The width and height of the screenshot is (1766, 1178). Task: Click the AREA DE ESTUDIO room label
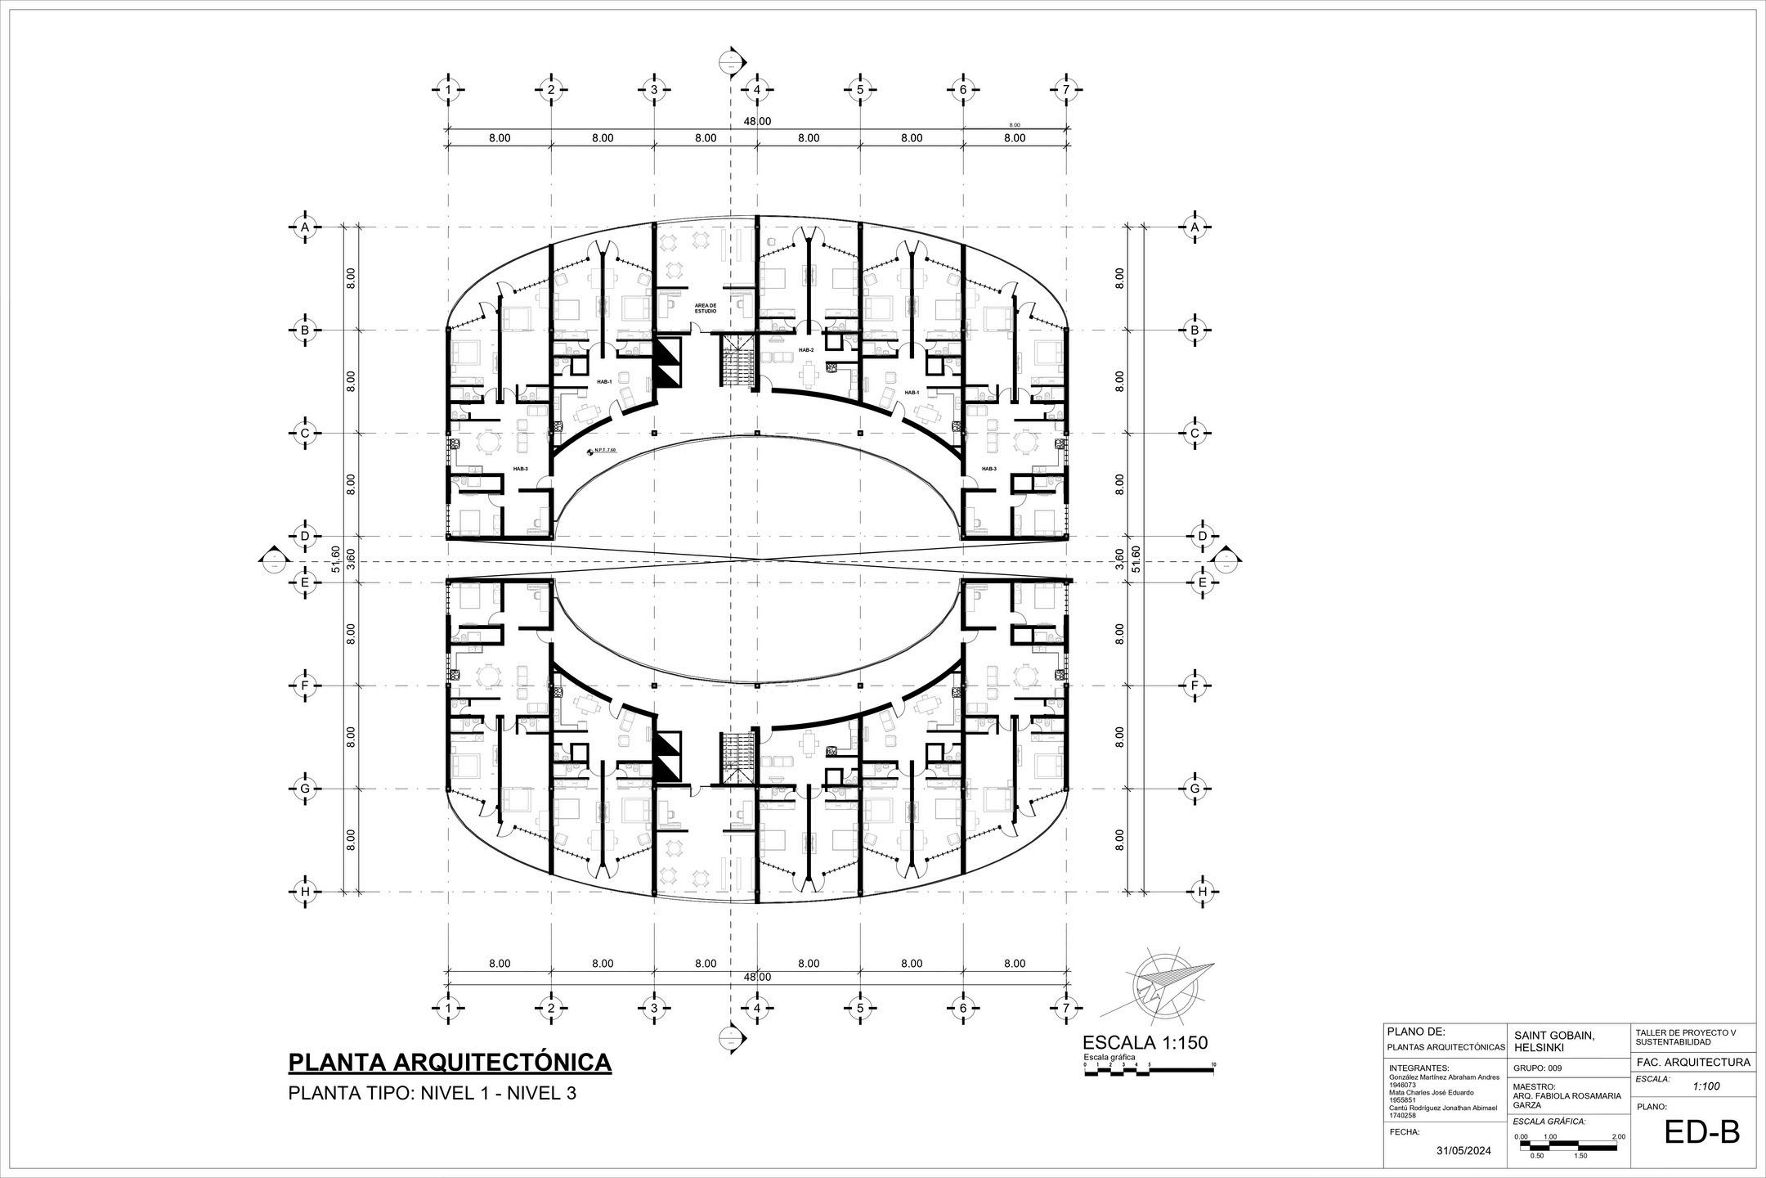click(x=706, y=308)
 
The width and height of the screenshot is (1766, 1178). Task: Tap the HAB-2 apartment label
click(x=806, y=350)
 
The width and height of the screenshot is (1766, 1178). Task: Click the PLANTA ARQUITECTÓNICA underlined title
click(x=450, y=1062)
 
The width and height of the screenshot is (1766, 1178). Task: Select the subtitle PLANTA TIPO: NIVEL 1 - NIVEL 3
click(x=433, y=1093)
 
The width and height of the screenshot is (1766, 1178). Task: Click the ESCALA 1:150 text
click(x=1145, y=1042)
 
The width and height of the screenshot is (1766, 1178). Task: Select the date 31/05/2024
click(x=1463, y=1151)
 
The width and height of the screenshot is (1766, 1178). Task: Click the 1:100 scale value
click(x=1706, y=1086)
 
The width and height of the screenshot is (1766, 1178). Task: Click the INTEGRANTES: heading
click(x=1419, y=1068)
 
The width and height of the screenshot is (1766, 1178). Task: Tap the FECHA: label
click(x=1405, y=1132)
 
